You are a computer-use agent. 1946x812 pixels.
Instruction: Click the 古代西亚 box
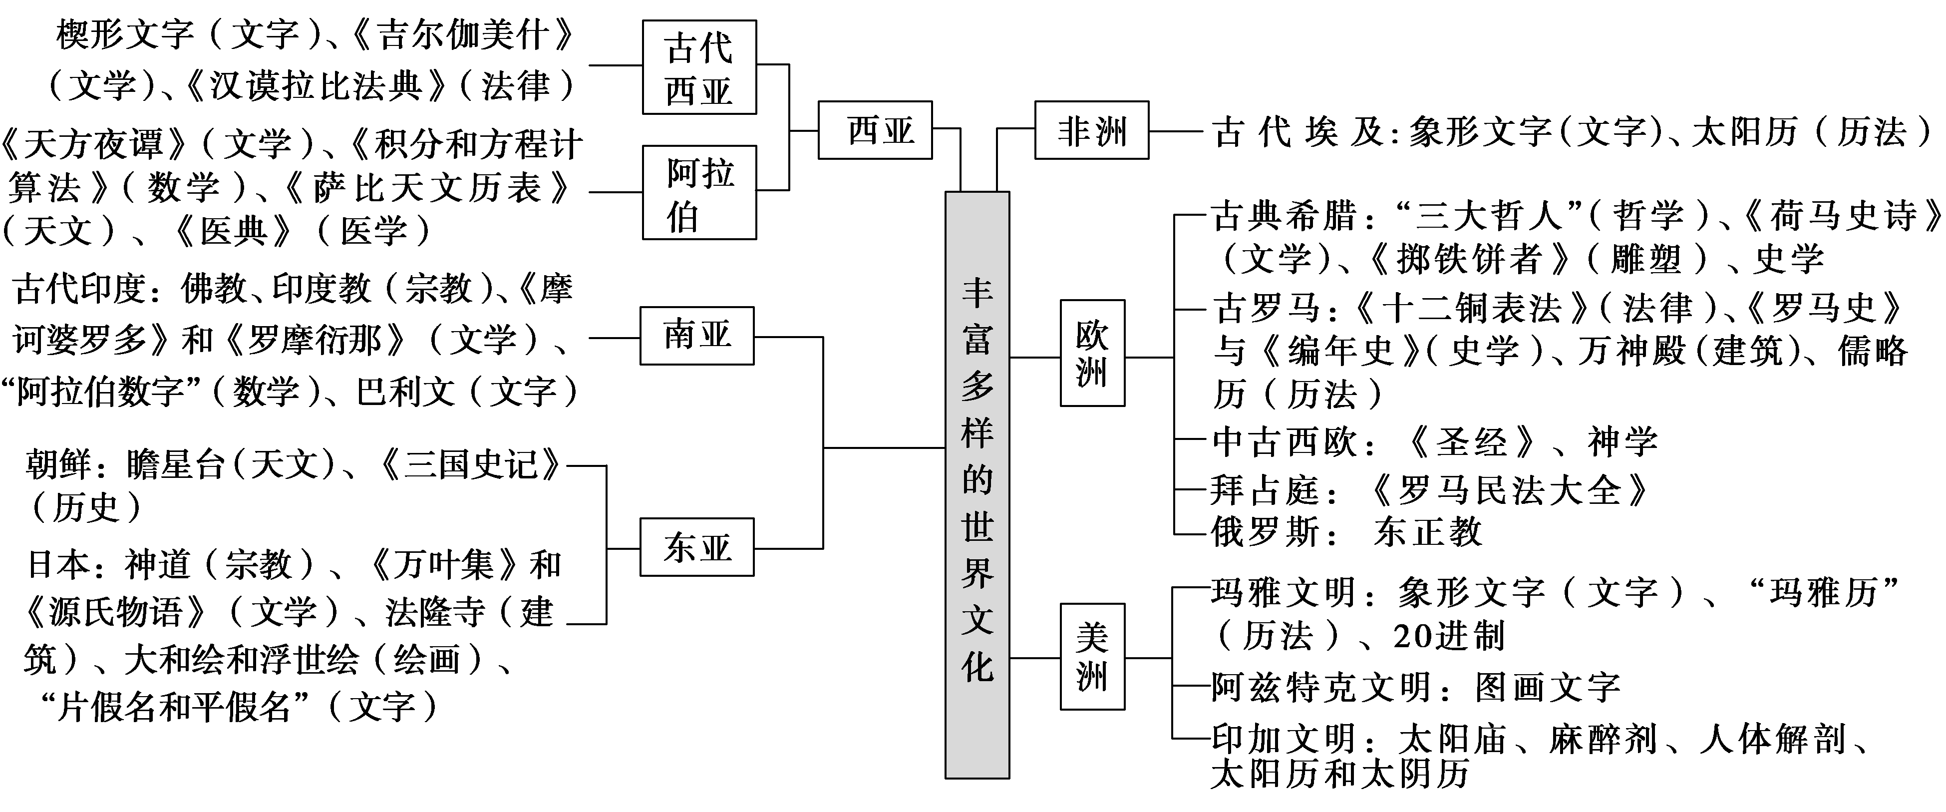click(699, 68)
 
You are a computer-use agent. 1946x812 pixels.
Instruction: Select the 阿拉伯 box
click(699, 193)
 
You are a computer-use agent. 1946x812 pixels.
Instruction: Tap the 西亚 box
click(875, 130)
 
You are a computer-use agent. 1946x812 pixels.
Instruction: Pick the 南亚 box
click(696, 336)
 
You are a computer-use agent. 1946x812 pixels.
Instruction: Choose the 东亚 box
click(696, 547)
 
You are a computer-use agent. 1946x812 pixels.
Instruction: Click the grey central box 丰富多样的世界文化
click(977, 483)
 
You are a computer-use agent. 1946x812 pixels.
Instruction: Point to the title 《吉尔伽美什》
click(464, 35)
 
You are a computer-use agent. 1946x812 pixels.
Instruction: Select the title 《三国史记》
click(468, 464)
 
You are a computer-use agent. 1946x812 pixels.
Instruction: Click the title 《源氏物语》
click(114, 612)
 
